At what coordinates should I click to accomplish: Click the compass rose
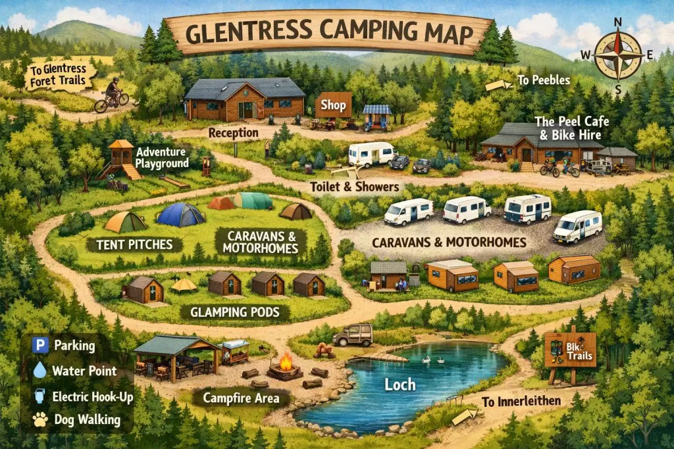(618, 55)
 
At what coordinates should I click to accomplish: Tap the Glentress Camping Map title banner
(328, 34)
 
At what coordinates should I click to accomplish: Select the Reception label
(233, 133)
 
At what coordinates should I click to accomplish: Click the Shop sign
(333, 105)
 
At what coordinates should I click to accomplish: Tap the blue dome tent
(180, 215)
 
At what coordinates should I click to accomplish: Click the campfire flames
(286, 362)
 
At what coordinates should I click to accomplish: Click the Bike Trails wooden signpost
(570, 352)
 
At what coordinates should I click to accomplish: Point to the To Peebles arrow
(498, 84)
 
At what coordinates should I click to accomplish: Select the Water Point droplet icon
(40, 371)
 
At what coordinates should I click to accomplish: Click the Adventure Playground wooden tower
(120, 157)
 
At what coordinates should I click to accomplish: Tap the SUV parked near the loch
(353, 335)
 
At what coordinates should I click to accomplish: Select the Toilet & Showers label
(355, 187)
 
